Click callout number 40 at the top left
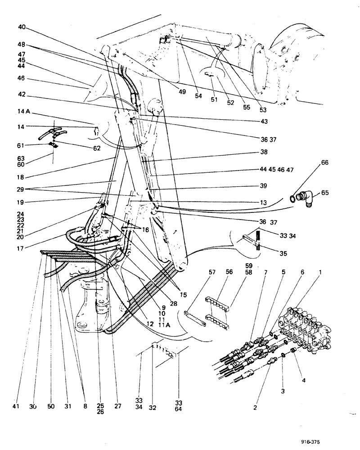[x=22, y=27]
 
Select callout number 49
[x=181, y=92]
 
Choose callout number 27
[x=118, y=407]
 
